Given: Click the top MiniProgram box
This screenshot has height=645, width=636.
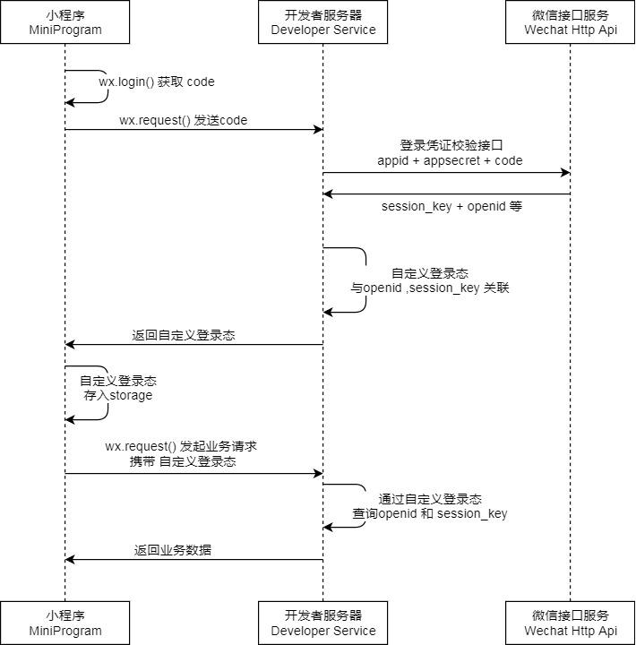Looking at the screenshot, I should pyautogui.click(x=64, y=22).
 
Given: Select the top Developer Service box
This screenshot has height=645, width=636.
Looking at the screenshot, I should pyautogui.click(x=323, y=22).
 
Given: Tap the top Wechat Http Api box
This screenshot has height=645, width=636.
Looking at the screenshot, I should pyautogui.click(x=571, y=22).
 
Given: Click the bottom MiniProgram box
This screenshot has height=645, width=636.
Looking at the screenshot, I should pyautogui.click(x=64, y=623).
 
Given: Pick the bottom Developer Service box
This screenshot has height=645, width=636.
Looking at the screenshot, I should pyautogui.click(x=323, y=623).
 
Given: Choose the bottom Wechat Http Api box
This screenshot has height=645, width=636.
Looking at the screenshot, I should pyautogui.click(x=571, y=623).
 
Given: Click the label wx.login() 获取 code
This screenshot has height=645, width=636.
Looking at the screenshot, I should pyautogui.click(x=157, y=82).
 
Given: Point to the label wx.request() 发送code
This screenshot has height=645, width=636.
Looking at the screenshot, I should pyautogui.click(x=184, y=120).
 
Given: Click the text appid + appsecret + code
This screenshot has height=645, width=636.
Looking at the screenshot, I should pyautogui.click(x=450, y=160).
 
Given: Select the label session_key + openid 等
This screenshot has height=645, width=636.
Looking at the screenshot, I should pyautogui.click(x=451, y=206).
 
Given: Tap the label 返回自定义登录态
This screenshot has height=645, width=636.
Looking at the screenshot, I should pyautogui.click(x=184, y=335).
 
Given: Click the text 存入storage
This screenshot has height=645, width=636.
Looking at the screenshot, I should pyautogui.click(x=118, y=395).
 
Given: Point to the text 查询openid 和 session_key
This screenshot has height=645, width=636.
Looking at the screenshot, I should pyautogui.click(x=430, y=513).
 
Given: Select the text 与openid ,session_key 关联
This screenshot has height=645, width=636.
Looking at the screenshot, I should pyautogui.click(x=430, y=288).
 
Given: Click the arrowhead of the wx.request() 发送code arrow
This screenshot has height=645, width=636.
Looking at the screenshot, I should pyautogui.click(x=317, y=130).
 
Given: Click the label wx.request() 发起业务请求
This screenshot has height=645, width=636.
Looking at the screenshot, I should pyautogui.click(x=182, y=446).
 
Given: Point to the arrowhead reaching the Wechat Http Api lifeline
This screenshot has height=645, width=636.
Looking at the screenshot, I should pyautogui.click(x=564, y=172).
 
